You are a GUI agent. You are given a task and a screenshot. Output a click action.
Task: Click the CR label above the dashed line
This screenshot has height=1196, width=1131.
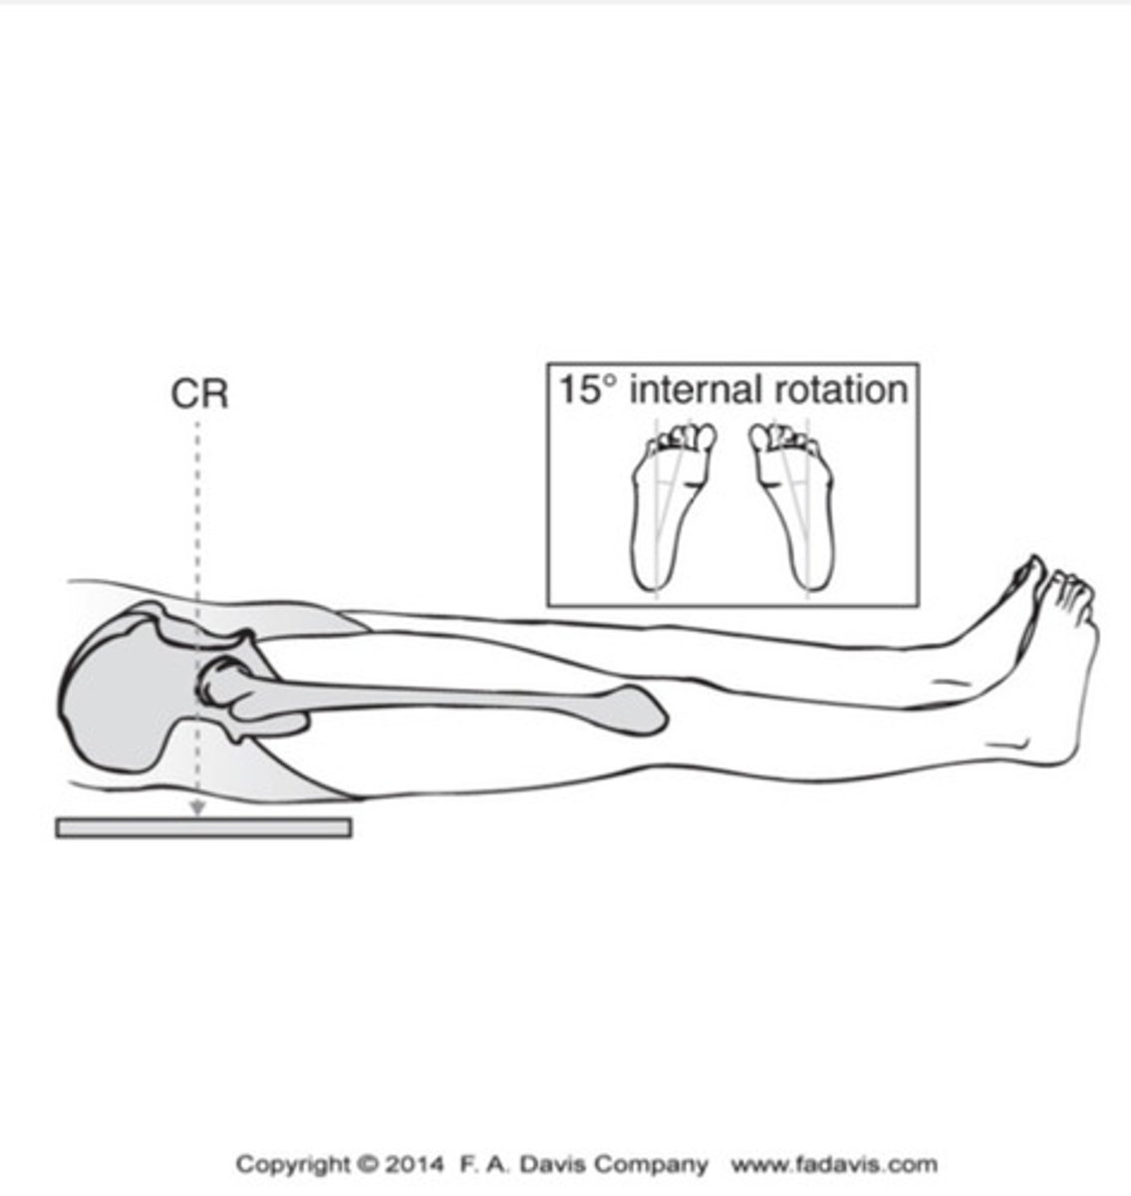[x=199, y=395]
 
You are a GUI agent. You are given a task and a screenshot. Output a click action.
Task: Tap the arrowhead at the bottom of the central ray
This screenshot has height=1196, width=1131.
[x=197, y=808]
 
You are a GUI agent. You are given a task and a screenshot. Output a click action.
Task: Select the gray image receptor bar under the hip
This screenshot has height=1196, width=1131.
[x=204, y=828]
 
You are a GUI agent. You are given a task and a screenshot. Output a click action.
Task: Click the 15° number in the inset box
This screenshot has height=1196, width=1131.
[x=580, y=390]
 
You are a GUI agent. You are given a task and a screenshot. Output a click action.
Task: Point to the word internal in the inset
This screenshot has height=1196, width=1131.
[x=695, y=390]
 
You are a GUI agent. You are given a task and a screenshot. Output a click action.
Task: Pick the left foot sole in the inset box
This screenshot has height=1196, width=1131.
[x=671, y=506]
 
